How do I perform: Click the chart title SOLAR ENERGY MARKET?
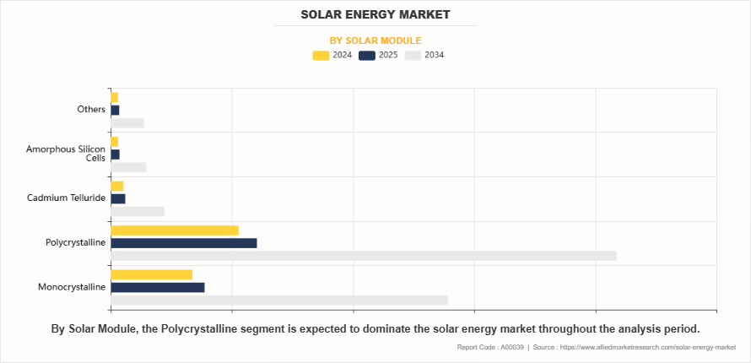[x=375, y=14]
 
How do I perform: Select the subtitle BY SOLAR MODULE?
[x=375, y=41]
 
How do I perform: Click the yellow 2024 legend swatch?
[x=321, y=56]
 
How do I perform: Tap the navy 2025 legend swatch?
[x=367, y=56]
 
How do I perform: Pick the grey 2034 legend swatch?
[x=413, y=56]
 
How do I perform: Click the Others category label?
[x=91, y=110]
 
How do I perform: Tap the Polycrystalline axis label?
[x=75, y=243]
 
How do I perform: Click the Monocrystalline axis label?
[x=72, y=287]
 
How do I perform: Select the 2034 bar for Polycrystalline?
[x=363, y=256]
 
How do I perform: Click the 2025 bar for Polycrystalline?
[x=183, y=243]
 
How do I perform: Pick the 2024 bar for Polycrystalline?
[x=174, y=230]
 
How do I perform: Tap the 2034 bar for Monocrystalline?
[x=278, y=300]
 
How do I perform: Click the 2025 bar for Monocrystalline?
[x=157, y=287]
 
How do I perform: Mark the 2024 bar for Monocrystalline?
[x=151, y=274]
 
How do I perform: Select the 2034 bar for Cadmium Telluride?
[x=137, y=211]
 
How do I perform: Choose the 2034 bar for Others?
[x=127, y=122]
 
